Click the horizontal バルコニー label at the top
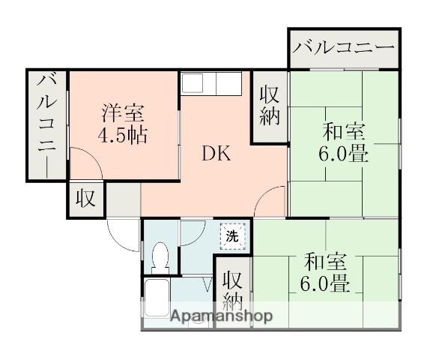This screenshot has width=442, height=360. [x=344, y=49]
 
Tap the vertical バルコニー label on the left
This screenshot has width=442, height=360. [x=47, y=124]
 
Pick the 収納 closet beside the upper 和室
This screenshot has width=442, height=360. [x=270, y=105]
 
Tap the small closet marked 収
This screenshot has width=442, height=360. [x=86, y=199]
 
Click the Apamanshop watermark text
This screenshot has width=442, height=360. [x=221, y=316]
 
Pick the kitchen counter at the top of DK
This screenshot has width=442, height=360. [x=212, y=83]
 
